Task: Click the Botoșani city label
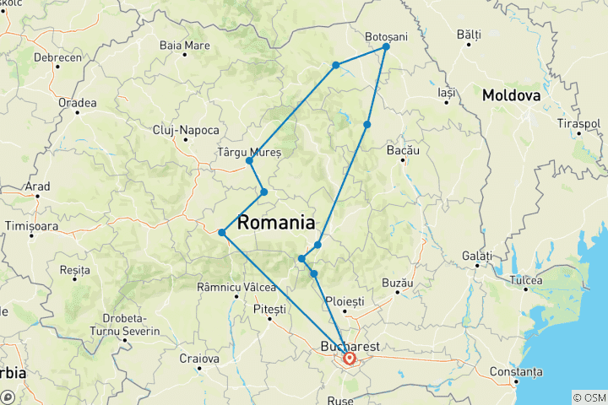point(386,36)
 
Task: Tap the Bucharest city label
point(350,346)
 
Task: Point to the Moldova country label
point(511,95)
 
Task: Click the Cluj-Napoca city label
point(187,130)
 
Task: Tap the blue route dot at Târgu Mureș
point(249,160)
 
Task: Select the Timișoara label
point(33,226)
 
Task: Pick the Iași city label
point(448,90)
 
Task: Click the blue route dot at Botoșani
point(386,47)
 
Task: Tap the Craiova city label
point(199,359)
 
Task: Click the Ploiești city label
point(345,300)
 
